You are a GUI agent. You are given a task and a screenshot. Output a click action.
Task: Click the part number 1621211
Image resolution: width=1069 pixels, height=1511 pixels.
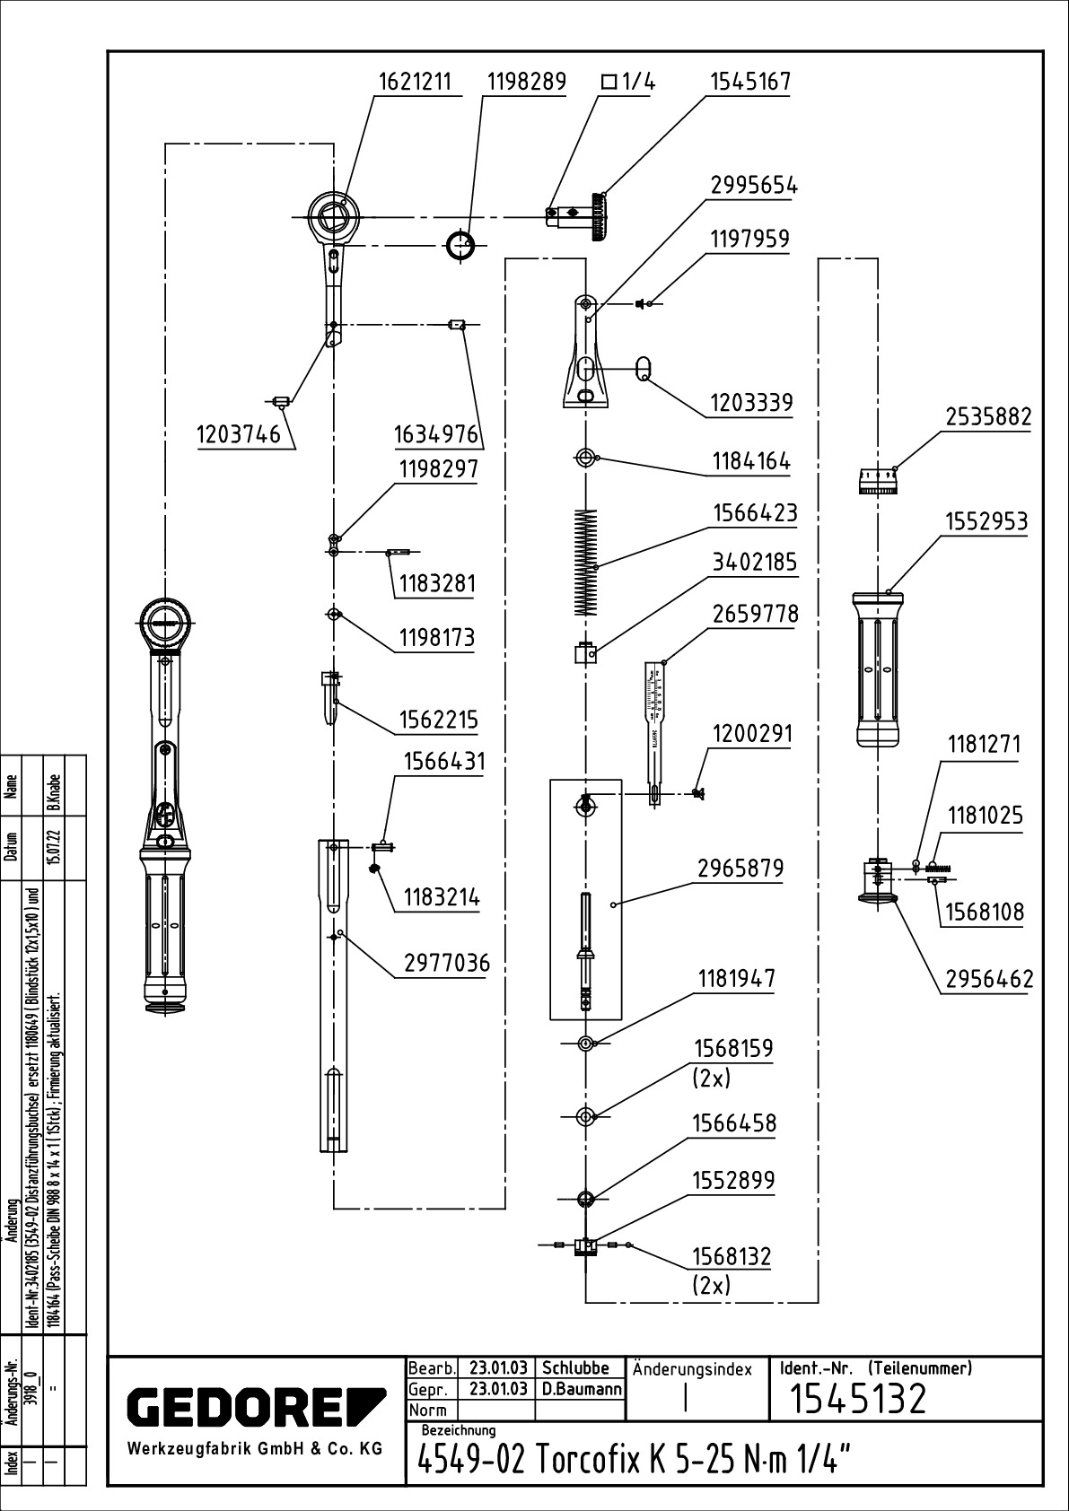click(x=414, y=83)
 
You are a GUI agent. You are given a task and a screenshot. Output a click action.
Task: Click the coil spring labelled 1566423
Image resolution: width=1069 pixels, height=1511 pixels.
click(x=585, y=563)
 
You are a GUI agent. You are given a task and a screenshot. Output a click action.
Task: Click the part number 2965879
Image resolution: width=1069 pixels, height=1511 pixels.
click(x=740, y=869)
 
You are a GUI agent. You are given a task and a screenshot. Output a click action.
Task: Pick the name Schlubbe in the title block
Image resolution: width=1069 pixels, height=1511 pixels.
click(x=575, y=1369)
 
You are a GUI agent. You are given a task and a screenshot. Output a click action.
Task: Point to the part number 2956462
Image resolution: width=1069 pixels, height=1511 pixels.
click(x=989, y=979)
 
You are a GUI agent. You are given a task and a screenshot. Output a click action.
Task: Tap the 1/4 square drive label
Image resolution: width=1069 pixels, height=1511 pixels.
click(x=628, y=83)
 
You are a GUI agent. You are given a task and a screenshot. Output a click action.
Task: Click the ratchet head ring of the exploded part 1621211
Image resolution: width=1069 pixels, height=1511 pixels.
click(x=333, y=215)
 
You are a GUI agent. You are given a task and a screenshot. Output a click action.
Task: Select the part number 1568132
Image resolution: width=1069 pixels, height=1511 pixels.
click(x=732, y=1255)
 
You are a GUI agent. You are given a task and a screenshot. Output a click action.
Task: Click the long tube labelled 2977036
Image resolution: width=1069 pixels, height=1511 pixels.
click(x=333, y=996)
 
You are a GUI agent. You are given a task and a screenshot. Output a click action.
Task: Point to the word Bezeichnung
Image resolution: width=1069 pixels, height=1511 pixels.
click(x=459, y=1429)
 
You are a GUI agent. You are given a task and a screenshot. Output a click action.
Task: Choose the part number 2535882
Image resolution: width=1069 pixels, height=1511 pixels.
click(x=988, y=417)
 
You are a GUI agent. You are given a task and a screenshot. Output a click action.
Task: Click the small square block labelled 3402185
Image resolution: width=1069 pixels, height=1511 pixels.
click(x=585, y=653)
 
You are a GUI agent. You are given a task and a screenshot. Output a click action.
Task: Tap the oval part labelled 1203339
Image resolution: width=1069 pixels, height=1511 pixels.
click(x=643, y=368)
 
